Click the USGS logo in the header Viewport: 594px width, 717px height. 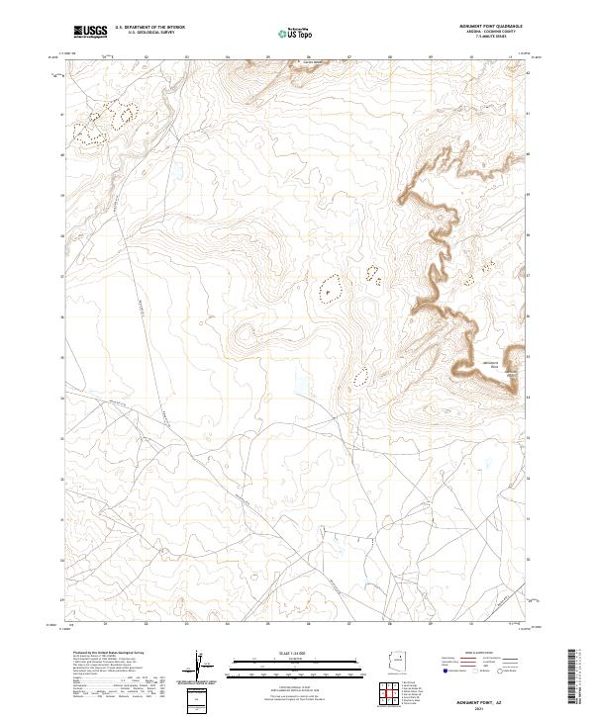[89, 32]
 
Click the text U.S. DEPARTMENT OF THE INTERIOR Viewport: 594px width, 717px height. [149, 29]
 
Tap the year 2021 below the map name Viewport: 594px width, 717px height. [508, 704]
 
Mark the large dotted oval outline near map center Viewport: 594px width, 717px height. [330, 288]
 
